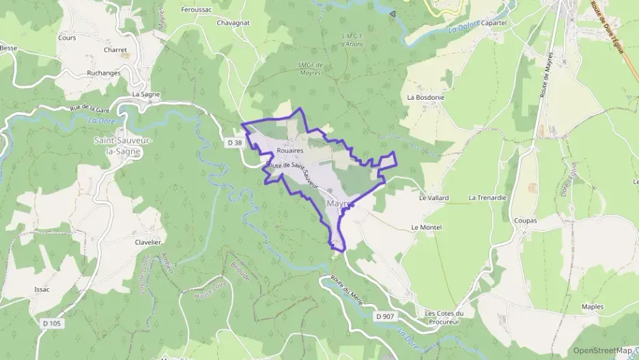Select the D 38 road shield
[234, 143]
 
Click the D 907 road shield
[385, 316]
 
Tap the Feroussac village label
[196, 10]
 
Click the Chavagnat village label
[233, 23]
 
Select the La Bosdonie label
[425, 97]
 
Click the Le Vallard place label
[434, 197]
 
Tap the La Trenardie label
[487, 197]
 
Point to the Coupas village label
[524, 221]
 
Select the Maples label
[592, 307]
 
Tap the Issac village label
[42, 289]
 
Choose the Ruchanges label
[104, 73]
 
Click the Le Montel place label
[427, 227]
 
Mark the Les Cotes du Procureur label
[444, 318]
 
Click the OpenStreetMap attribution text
[602, 350]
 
